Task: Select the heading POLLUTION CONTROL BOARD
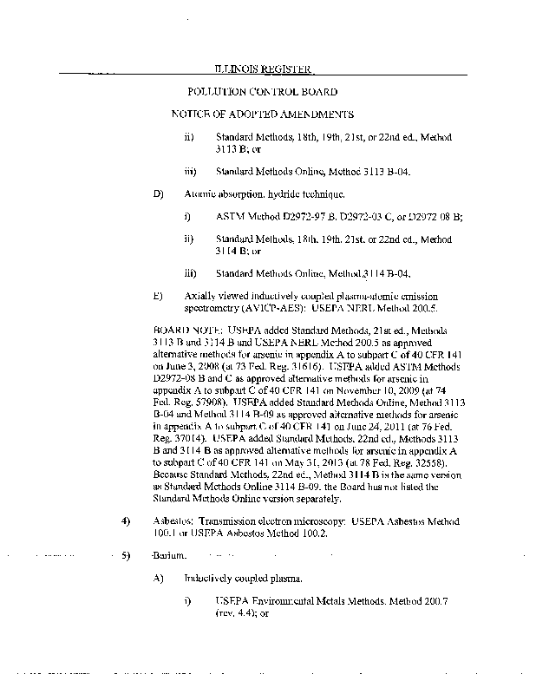pos(262,92)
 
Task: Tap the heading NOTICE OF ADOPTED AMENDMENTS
pos(262,115)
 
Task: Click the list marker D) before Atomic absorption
pos(158,193)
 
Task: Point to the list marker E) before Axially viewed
pos(158,296)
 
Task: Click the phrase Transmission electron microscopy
pos(265,521)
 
